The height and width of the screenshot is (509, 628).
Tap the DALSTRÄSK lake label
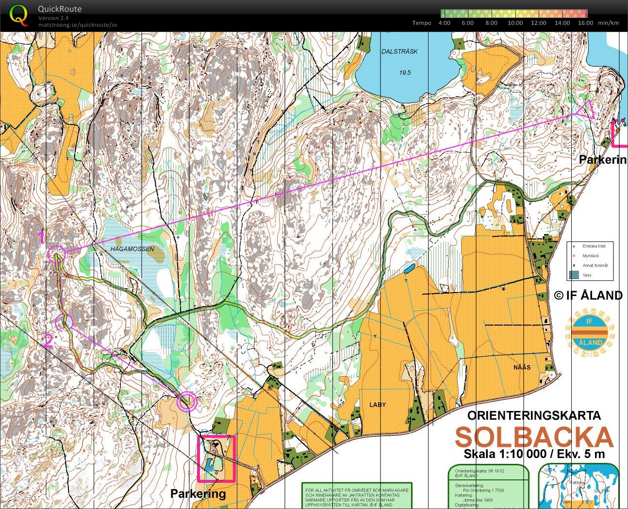point(399,51)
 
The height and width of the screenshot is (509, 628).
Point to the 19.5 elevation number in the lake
point(405,72)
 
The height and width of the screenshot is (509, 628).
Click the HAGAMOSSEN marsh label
point(132,249)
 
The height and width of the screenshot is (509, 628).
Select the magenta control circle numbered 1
point(56,254)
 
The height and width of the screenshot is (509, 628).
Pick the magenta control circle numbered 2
point(64,321)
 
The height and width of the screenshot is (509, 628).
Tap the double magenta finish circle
point(187,402)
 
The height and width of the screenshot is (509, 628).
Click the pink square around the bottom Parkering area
point(216,458)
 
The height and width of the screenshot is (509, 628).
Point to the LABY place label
point(378,404)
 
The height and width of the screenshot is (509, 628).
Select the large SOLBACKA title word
point(534,437)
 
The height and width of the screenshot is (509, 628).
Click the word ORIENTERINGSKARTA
point(534,415)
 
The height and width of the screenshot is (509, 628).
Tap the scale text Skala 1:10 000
point(505,454)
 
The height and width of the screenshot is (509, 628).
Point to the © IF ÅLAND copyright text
point(588,295)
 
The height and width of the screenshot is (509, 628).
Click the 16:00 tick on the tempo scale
point(586,23)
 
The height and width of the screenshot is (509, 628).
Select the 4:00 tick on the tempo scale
point(444,23)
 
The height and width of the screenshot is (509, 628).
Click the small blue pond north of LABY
point(409,268)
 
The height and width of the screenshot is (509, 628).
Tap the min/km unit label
point(608,23)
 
